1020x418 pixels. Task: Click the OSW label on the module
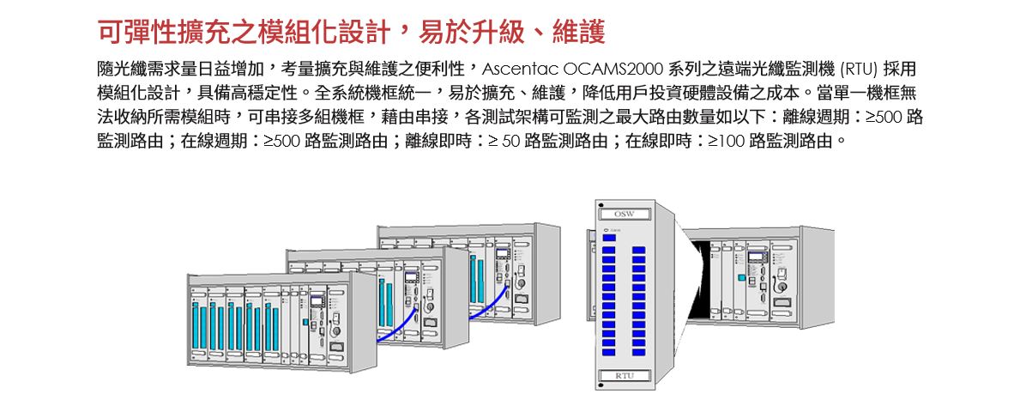click(x=624, y=213)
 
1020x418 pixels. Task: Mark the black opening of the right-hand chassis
click(x=710, y=280)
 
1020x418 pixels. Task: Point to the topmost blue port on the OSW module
click(x=609, y=250)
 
